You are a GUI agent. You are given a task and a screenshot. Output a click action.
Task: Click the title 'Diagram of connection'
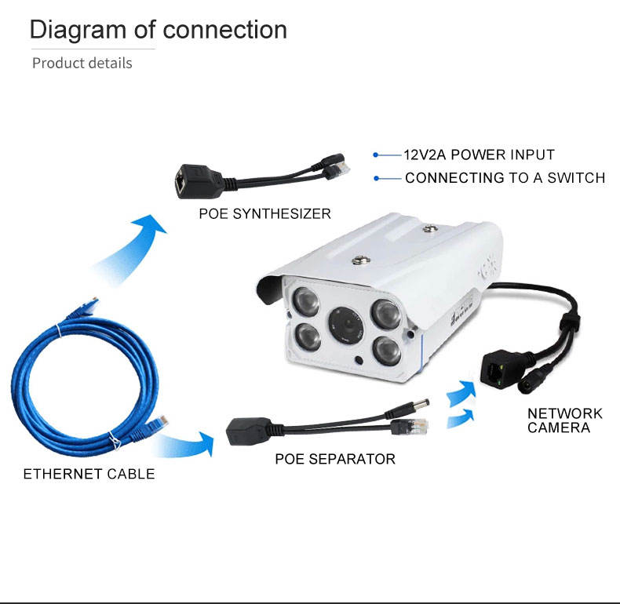(159, 30)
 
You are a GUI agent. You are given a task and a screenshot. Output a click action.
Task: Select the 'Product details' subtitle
(82, 64)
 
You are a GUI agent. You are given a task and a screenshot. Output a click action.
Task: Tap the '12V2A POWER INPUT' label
(479, 155)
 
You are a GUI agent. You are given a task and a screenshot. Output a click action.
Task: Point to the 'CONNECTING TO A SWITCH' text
(505, 178)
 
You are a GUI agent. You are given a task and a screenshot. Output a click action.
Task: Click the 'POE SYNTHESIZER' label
(264, 214)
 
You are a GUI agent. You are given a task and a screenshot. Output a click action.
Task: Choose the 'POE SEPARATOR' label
(335, 459)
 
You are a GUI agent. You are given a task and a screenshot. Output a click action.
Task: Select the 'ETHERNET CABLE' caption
(89, 474)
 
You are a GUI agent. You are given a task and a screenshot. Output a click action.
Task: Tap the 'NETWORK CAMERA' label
(564, 420)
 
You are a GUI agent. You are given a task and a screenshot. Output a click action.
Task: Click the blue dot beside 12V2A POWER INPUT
(376, 155)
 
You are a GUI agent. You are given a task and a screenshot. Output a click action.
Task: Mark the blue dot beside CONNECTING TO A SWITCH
(377, 179)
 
